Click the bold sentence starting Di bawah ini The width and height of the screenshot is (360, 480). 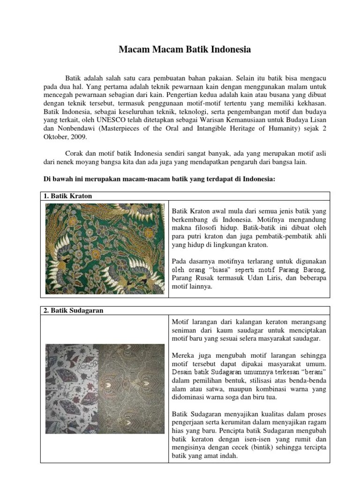coord(159,180)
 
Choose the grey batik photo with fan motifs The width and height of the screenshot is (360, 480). coord(71,389)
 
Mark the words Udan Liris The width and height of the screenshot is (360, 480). coord(254,278)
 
